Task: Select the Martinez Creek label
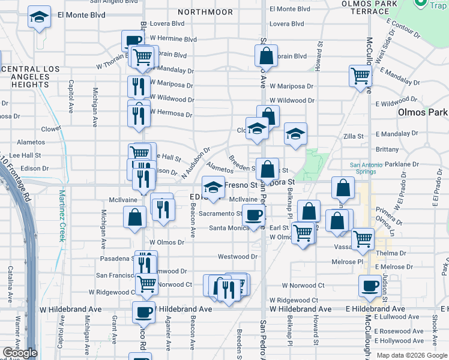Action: pos(62,215)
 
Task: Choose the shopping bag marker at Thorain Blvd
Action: pos(266,56)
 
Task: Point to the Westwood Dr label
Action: pos(237,256)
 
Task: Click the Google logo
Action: pos(20,353)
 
